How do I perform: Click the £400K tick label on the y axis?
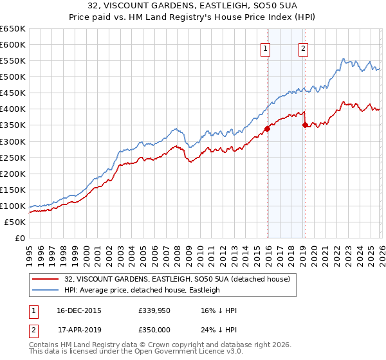pos(13,109)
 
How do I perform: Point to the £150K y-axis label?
pos(13,190)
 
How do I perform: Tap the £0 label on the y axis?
pos(19,239)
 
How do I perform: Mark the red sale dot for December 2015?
pos(267,129)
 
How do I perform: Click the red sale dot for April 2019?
pos(305,125)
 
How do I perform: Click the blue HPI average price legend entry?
pos(142,290)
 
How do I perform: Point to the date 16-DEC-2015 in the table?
pos(79,310)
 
